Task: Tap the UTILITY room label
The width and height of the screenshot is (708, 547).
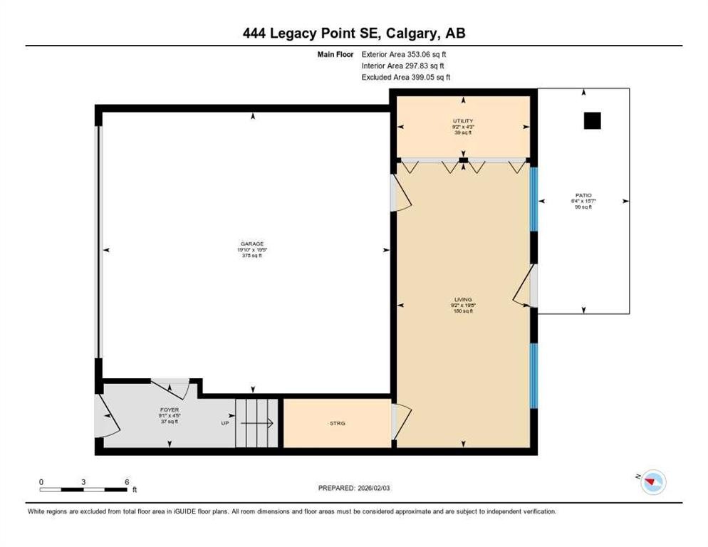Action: coord(464,121)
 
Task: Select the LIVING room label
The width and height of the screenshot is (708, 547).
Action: coord(464,300)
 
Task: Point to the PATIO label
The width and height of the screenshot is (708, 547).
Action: coord(584,195)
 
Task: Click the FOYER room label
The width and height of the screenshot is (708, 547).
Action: coord(169,410)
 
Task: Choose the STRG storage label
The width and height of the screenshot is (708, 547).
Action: coord(337,423)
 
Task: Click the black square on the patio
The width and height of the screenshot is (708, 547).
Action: coord(592,121)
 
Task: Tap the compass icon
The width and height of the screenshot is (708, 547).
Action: coord(652,482)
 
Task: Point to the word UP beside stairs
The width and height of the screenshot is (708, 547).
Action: coord(224,423)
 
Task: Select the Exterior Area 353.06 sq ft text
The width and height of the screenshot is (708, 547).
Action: coord(405,54)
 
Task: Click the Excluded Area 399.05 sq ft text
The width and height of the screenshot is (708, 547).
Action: coord(405,77)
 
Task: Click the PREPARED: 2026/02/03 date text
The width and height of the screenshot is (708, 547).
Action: coord(354,488)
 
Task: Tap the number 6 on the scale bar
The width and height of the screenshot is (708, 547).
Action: coord(126,481)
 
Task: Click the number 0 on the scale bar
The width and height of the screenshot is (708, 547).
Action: coord(41,481)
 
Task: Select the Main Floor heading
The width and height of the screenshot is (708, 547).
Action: coord(335,54)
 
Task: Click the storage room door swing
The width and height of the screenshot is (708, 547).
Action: coord(402,420)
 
